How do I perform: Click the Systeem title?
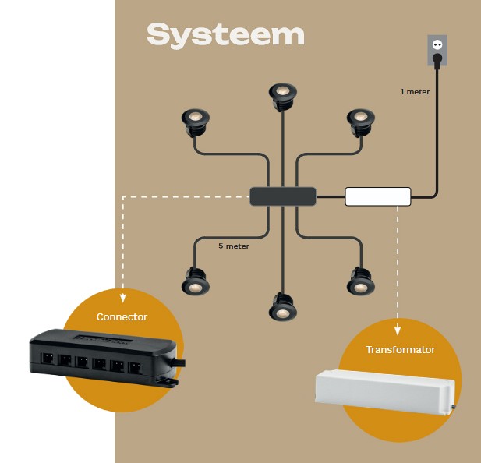tap(225, 36)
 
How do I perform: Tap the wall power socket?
tap(437, 50)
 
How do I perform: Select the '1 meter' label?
tap(415, 92)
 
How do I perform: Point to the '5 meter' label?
tap(234, 246)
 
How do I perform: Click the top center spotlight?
tap(283, 96)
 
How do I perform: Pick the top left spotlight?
tap(196, 122)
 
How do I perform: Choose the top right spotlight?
tap(361, 122)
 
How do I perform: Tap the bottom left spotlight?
tap(196, 281)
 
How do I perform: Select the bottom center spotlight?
tap(282, 307)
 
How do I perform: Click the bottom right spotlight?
tap(361, 281)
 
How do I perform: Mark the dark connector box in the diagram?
tap(283, 196)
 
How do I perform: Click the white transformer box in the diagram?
tap(378, 196)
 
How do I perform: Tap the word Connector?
tap(122, 316)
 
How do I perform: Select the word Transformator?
tap(401, 349)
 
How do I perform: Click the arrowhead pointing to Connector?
tap(123, 299)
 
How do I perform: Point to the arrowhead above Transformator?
tap(398, 330)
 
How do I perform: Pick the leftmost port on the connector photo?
tap(47, 358)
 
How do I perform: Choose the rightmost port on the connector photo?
tap(135, 367)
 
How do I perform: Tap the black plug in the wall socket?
tap(437, 59)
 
